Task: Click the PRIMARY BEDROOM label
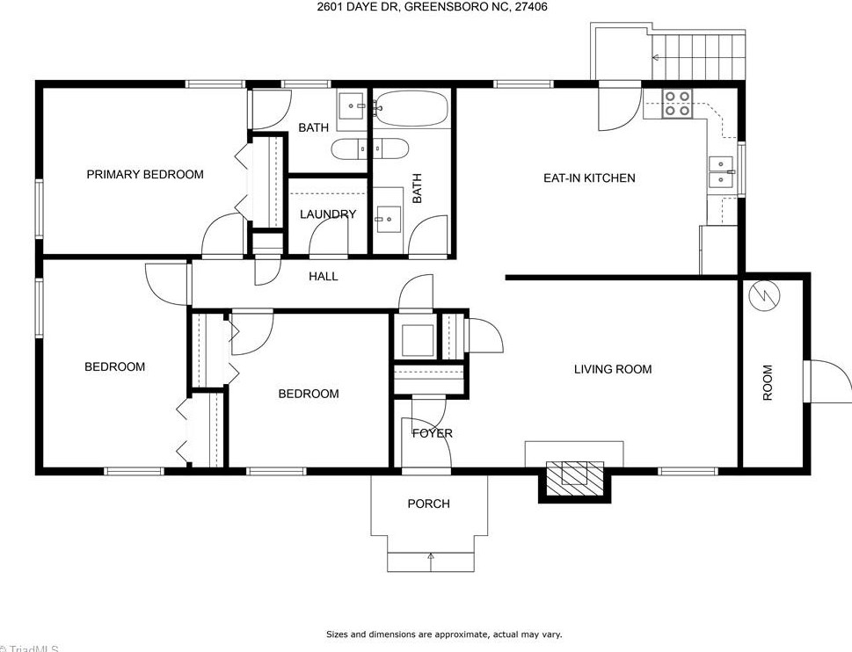tap(144, 174)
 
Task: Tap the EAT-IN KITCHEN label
tap(588, 178)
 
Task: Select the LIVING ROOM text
tap(612, 369)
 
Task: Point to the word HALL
tap(323, 277)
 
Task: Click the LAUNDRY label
tap(327, 214)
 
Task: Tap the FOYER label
tap(432, 433)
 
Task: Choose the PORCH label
tap(428, 503)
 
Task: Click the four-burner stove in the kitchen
tap(675, 104)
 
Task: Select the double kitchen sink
tap(721, 171)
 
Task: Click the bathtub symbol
tap(411, 110)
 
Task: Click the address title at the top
tap(425, 7)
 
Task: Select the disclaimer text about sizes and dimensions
tap(443, 634)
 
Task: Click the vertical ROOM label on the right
tap(767, 382)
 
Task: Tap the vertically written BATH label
tap(417, 187)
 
